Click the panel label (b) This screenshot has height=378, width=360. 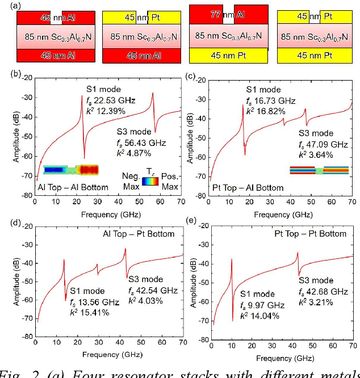[x=16, y=74]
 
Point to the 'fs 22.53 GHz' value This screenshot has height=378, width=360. [x=111, y=100]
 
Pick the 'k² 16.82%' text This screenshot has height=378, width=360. [x=266, y=111]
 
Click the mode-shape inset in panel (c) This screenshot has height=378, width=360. [x=319, y=170]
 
